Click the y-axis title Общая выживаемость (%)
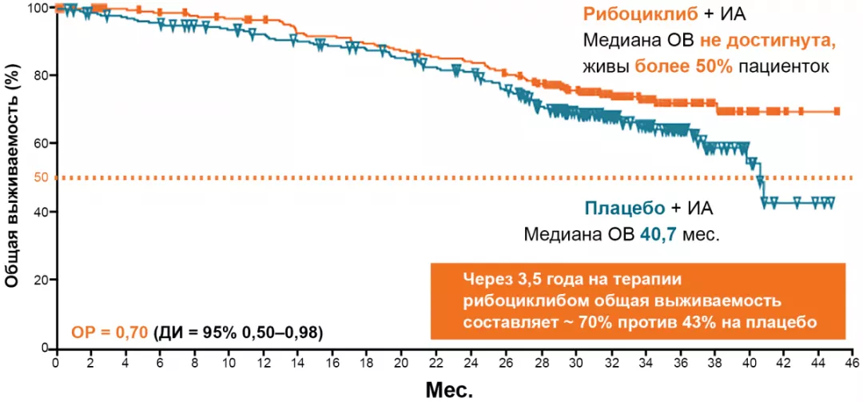[13, 178]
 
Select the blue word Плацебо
[625, 209]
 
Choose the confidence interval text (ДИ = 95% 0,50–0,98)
[238, 332]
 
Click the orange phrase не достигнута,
[769, 40]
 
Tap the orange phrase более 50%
[684, 66]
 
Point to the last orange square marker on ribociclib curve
[837, 112]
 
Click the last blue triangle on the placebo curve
[830, 202]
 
